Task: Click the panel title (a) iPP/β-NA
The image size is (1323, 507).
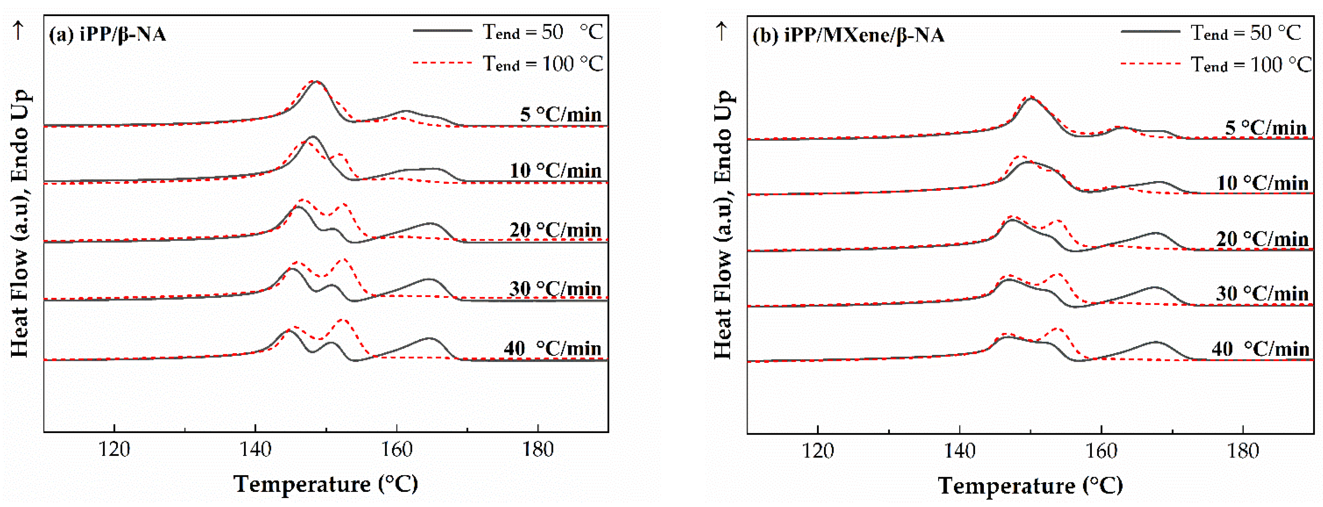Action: pyautogui.click(x=107, y=34)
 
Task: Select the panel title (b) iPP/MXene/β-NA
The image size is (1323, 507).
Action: pyautogui.click(x=848, y=35)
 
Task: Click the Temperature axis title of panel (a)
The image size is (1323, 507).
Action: pyautogui.click(x=326, y=484)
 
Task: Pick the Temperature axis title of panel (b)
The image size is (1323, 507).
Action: pyautogui.click(x=1030, y=485)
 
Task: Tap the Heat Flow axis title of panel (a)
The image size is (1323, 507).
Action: pyautogui.click(x=20, y=224)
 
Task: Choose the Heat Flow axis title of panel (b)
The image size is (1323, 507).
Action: pyautogui.click(x=723, y=225)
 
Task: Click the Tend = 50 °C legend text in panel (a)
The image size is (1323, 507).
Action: pyautogui.click(x=542, y=32)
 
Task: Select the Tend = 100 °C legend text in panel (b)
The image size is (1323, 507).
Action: pyautogui.click(x=1251, y=65)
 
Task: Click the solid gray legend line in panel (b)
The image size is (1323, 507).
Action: pyautogui.click(x=1150, y=32)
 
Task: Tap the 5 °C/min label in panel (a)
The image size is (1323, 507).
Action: pyautogui.click(x=560, y=114)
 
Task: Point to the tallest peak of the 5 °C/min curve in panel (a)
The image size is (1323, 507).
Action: pyautogui.click(x=316, y=82)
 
